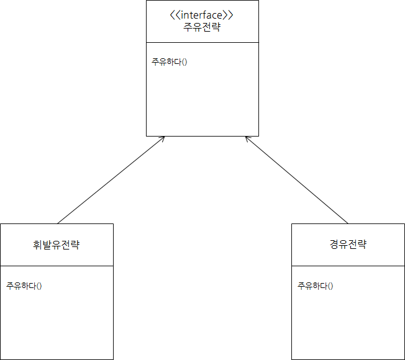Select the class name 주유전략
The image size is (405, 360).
pyautogui.click(x=202, y=27)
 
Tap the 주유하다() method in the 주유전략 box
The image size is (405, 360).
pyautogui.click(x=169, y=62)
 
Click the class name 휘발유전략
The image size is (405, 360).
pyautogui.click(x=57, y=245)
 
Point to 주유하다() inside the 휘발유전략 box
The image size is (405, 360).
pyautogui.click(x=24, y=286)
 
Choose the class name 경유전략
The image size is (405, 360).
pyautogui.click(x=348, y=244)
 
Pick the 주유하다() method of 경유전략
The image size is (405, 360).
pyautogui.click(x=315, y=286)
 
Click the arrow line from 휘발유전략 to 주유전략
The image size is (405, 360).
pyautogui.click(x=111, y=180)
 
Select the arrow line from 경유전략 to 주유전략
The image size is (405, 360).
pyautogui.click(x=297, y=180)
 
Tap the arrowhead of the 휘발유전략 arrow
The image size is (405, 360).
pyautogui.click(x=163, y=137)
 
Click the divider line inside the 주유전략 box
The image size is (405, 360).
pyautogui.click(x=202, y=42)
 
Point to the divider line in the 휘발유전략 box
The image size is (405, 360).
pyautogui.click(x=57, y=266)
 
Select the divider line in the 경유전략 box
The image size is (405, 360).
pyautogui.click(x=348, y=266)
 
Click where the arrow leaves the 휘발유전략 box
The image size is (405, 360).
pyautogui.click(x=57, y=223)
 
